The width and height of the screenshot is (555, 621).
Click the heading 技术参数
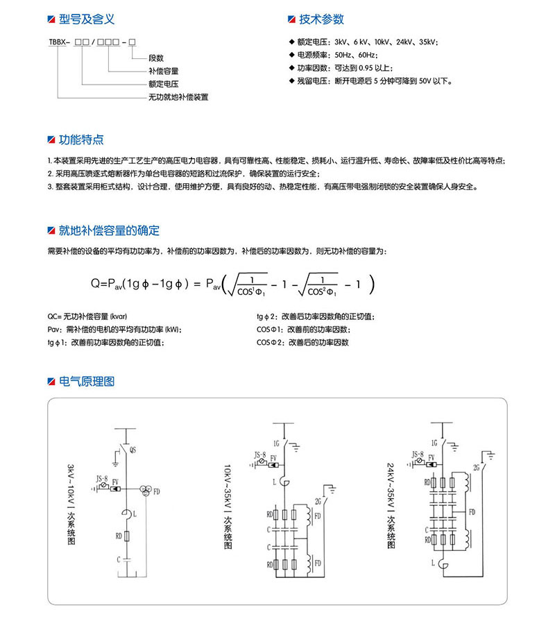321,19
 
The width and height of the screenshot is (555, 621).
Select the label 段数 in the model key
156,58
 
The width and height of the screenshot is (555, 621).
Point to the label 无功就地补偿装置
178,97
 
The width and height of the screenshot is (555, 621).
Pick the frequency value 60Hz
366,55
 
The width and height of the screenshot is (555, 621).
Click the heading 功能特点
81,140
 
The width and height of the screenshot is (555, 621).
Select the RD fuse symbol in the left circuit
126,536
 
